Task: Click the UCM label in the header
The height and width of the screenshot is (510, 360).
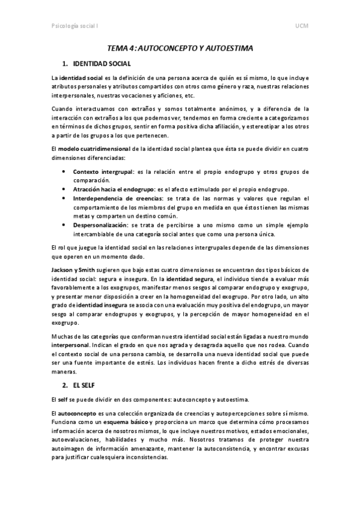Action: point(301,26)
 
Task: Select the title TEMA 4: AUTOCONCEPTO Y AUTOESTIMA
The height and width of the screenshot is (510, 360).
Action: point(180,47)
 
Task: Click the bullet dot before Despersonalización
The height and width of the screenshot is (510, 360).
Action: point(64,224)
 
